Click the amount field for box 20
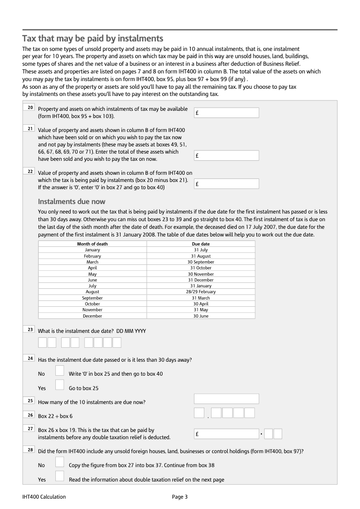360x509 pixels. tap(226, 113)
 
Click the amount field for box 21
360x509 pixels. tap(226, 155)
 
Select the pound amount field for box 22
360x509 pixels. tap(226, 184)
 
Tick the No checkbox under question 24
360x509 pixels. tap(59, 371)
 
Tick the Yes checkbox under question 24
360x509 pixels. tap(59, 385)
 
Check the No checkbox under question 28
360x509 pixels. tap(59, 462)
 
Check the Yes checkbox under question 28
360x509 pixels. tap(59, 476)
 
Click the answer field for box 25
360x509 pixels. tap(226, 399)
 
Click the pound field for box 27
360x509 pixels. tap(226, 434)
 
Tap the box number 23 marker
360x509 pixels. tap(30, 330)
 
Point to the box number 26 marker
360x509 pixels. tap(30, 415)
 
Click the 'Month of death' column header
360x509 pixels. tap(92, 244)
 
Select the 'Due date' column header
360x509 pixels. tap(201, 244)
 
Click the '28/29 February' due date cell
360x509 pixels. tap(201, 292)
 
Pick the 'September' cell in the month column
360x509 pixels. tap(92, 298)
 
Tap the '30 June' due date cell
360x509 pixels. tap(201, 316)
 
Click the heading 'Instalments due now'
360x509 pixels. tap(72, 201)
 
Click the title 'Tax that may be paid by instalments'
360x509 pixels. tap(93, 38)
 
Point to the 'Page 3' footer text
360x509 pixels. tap(180, 497)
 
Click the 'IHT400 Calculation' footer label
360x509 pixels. tap(44, 497)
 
